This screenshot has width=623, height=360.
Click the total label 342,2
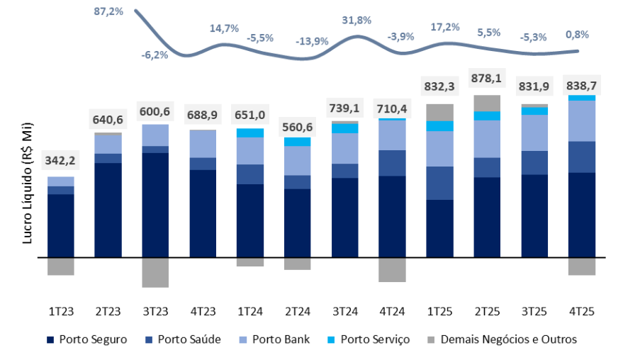[x=61, y=160]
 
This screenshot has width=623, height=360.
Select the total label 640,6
[x=108, y=120]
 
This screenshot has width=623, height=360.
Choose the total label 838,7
[x=580, y=85]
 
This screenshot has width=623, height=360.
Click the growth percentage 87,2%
[x=108, y=12]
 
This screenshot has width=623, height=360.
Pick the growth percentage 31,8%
[x=356, y=21]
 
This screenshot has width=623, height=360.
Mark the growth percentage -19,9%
[x=312, y=41]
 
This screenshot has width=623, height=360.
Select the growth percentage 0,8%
[x=577, y=34]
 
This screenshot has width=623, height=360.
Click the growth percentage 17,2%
[x=445, y=28]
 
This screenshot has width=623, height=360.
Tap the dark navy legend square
[x=50, y=340]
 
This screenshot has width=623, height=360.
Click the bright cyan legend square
[x=331, y=340]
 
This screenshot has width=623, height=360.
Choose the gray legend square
[x=431, y=340]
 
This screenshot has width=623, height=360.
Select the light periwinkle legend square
[x=243, y=340]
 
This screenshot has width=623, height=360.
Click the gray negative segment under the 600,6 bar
[x=155, y=273]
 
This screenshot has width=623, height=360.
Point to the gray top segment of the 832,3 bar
[x=439, y=112]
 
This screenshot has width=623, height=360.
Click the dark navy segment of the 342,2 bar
[x=61, y=225]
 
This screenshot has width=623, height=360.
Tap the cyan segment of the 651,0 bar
[x=249, y=133]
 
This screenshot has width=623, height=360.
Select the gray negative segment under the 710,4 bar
[x=392, y=270]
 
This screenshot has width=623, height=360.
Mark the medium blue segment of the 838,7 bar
[x=581, y=157]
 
